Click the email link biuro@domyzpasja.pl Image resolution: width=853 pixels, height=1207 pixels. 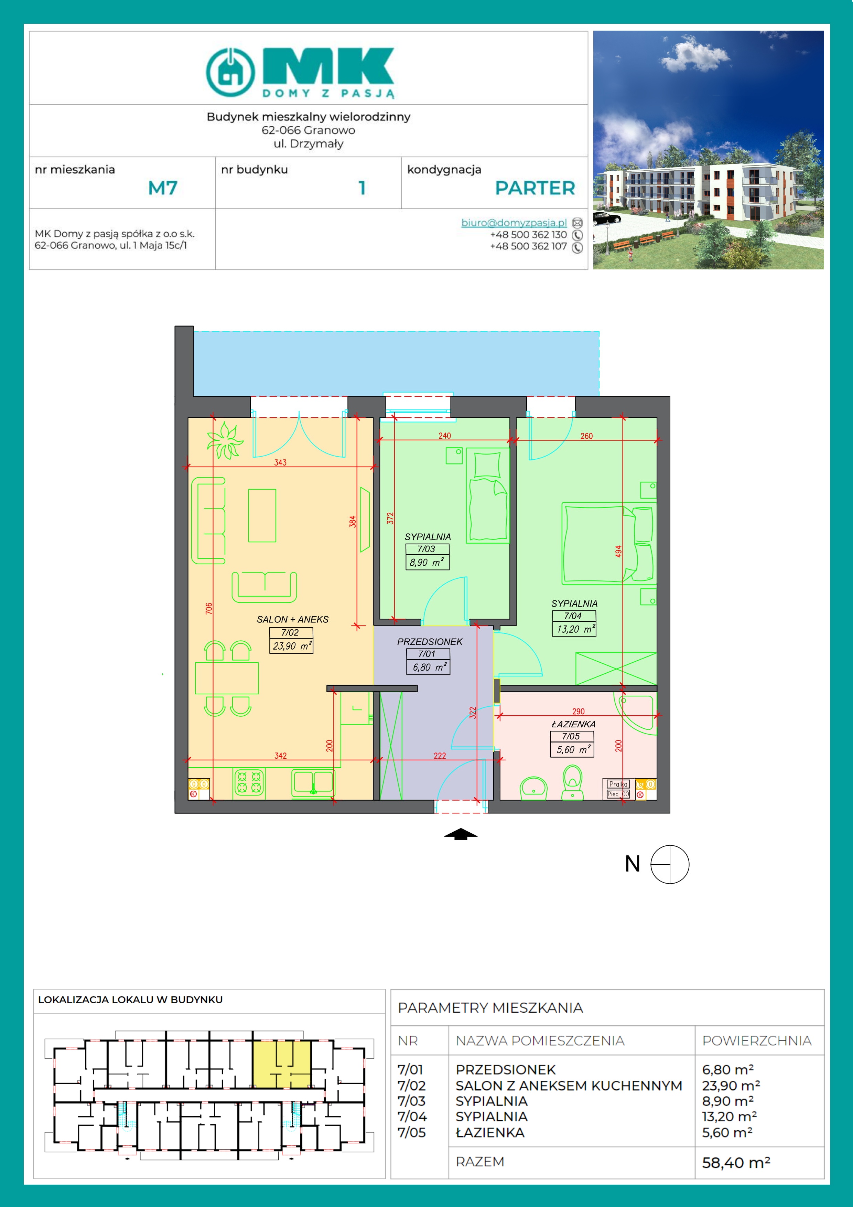514,223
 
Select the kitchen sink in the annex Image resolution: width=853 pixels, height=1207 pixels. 313,782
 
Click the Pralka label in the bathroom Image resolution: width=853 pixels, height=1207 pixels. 618,784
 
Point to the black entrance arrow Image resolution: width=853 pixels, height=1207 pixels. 461,834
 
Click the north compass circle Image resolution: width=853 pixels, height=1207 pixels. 670,864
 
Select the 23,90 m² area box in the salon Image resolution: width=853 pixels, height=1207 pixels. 292,646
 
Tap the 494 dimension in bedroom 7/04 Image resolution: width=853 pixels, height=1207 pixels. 618,552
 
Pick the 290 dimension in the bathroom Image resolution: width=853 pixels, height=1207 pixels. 578,711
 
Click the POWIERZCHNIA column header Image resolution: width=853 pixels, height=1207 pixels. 757,1040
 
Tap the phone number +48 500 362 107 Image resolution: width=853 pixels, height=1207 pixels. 528,246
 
